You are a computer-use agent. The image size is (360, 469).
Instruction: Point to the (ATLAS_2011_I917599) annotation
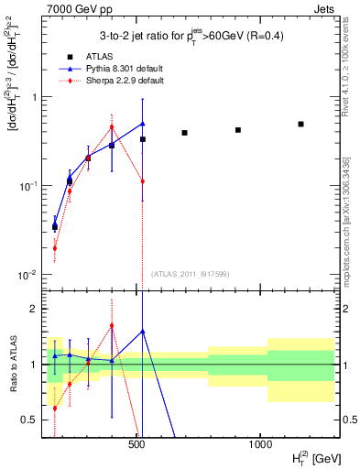point(191,274)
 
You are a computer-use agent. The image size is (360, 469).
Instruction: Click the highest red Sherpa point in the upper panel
point(112,127)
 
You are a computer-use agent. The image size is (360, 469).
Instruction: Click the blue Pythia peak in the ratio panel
point(142,331)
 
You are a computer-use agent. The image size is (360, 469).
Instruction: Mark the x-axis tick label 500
point(136,443)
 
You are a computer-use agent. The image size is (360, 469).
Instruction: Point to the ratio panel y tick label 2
point(32,309)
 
